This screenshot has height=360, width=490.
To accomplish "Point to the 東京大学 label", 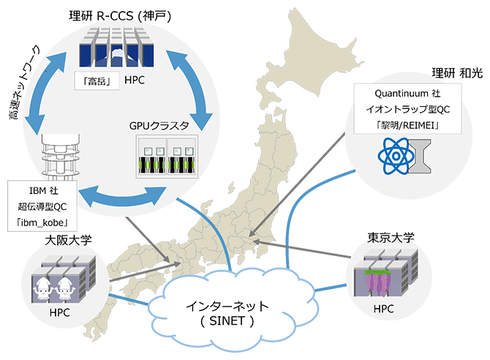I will point(391,238).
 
